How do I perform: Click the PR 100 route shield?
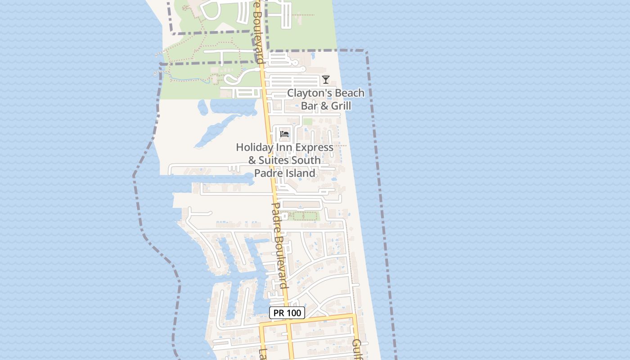[x=287, y=313]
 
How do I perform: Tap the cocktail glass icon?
[x=326, y=80]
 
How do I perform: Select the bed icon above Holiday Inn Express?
[x=284, y=134]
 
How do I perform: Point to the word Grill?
[x=341, y=106]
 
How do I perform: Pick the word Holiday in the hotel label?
[x=252, y=147]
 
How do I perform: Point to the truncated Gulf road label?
[x=357, y=349]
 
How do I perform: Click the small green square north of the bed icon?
[x=307, y=121]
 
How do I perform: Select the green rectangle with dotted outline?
[x=303, y=216]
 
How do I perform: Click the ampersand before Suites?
[x=252, y=160]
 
